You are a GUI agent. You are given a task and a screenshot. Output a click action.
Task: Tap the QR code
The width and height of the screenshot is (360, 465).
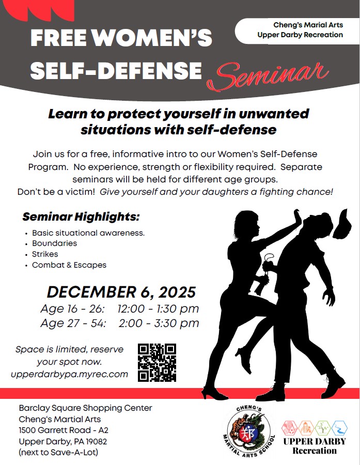[x=157, y=362]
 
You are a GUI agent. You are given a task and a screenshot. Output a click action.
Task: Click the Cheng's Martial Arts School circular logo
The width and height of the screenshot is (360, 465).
[x=248, y=430]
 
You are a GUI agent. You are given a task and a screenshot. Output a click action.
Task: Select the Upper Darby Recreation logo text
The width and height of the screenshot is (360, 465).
[x=315, y=446]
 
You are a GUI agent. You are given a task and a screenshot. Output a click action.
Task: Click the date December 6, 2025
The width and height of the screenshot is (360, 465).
[x=121, y=292]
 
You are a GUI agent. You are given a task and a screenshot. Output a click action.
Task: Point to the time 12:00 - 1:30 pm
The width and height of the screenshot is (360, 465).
[x=158, y=309]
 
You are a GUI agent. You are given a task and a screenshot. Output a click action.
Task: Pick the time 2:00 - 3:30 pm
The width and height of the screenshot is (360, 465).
[x=159, y=323]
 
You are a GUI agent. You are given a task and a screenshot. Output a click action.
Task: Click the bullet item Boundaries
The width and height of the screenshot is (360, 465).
[x=55, y=243]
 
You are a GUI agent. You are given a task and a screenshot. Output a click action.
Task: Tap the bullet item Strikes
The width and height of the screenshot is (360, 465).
[x=45, y=254]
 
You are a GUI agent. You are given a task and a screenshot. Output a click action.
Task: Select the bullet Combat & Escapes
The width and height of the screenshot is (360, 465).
[x=69, y=265]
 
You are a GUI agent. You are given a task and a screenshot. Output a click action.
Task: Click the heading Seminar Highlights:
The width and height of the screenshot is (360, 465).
[x=81, y=217]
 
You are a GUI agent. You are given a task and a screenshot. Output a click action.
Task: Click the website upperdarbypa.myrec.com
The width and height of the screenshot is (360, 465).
[x=69, y=374]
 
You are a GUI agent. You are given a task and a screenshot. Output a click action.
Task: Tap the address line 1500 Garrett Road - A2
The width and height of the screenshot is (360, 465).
[x=64, y=430]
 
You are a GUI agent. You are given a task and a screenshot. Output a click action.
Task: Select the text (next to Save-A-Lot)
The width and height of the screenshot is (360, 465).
[x=58, y=452]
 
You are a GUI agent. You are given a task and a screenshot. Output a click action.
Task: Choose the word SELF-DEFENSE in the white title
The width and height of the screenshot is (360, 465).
[x=116, y=71]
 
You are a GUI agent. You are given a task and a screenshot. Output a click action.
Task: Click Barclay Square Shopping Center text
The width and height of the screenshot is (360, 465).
[x=85, y=408]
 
